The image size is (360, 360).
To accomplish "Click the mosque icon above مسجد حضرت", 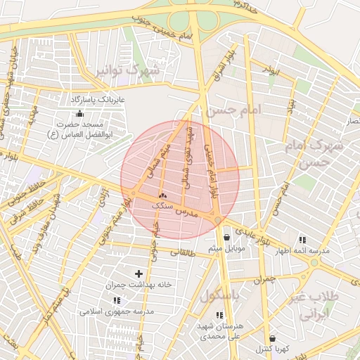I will click(x=79, y=113).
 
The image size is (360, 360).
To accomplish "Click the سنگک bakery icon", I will click(x=163, y=195).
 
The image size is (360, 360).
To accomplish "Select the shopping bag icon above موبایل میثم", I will click(x=226, y=238).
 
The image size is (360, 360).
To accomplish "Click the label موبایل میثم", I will click(x=226, y=250).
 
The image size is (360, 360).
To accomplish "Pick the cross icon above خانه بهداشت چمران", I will click(x=138, y=274).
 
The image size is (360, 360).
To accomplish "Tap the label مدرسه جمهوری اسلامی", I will click(x=117, y=310).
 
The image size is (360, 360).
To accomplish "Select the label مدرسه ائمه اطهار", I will click(x=303, y=250).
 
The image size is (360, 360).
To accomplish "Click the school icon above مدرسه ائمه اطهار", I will click(x=303, y=239).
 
